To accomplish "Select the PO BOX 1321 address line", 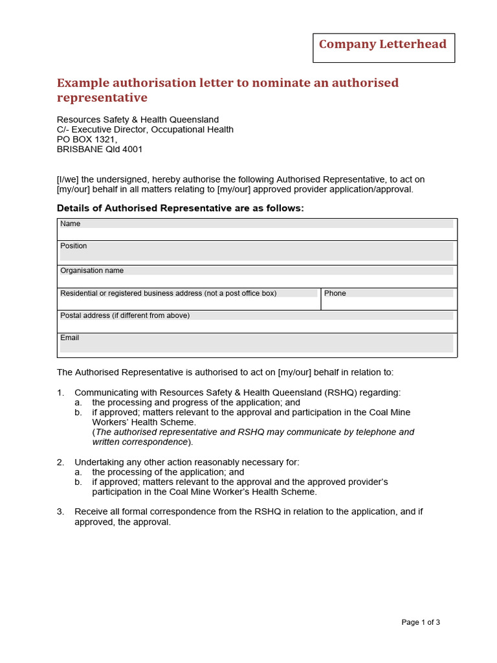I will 87,139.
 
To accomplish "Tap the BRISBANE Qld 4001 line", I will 100,149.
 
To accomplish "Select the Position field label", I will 74,246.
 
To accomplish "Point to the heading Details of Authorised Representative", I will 180,208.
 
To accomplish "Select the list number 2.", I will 60,462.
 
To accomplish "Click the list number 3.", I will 60,511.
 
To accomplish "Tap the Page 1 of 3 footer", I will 421,622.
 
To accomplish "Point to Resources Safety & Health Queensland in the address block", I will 138,120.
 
